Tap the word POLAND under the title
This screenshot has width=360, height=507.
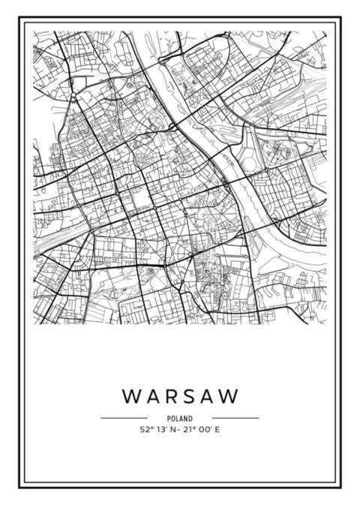180,418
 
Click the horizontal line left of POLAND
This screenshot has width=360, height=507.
124,418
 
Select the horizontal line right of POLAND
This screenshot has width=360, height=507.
235,418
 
